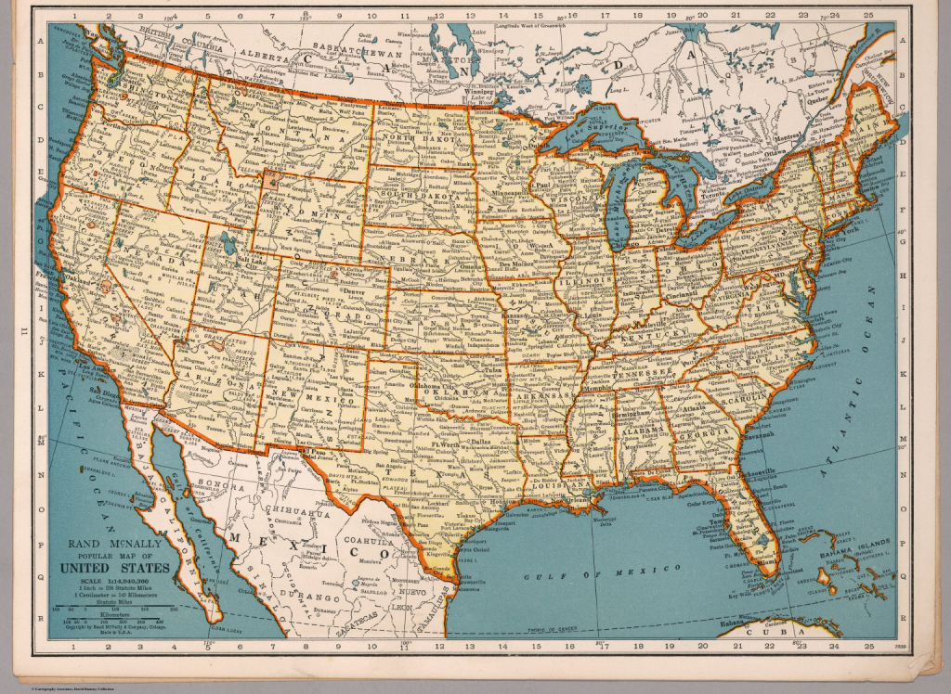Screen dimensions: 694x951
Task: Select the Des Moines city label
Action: [510, 263]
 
